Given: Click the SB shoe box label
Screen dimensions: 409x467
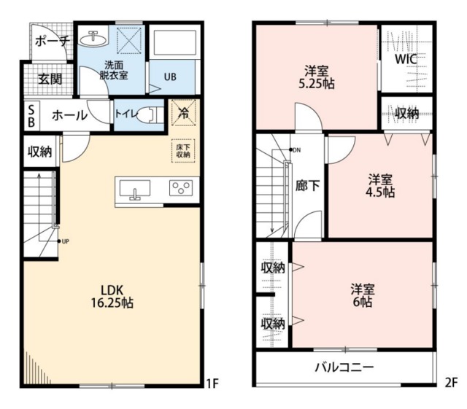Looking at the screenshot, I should click(31, 116).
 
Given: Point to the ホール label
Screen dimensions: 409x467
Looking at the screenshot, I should click(70, 116).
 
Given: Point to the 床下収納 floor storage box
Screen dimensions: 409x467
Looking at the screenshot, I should click(183, 149).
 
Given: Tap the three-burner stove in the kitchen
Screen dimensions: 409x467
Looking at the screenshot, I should click(180, 188).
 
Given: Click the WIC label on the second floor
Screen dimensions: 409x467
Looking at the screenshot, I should click(406, 60).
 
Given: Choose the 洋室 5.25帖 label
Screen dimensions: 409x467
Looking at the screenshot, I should click(316, 77).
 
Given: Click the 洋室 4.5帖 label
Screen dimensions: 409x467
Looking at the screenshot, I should click(380, 185).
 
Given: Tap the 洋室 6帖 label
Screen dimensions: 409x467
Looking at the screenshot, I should click(361, 293).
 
